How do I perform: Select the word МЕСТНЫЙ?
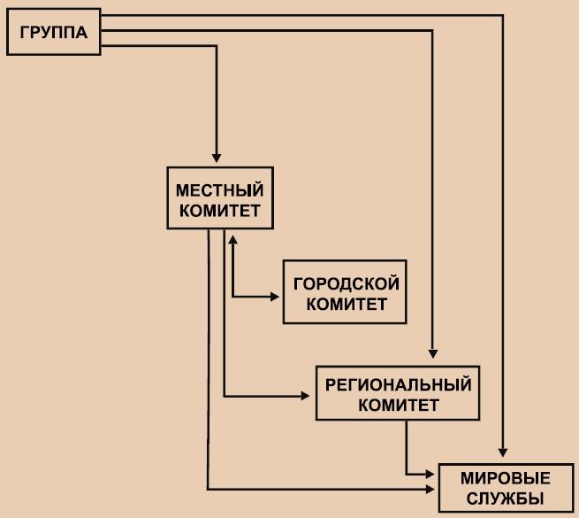[219, 189]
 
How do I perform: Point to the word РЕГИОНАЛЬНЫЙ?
[399, 385]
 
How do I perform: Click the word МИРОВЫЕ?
[505, 478]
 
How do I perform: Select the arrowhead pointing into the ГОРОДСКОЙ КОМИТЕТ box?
[276, 295]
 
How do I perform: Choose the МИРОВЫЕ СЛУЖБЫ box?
[505, 488]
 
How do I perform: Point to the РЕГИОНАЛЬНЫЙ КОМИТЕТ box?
[399, 395]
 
